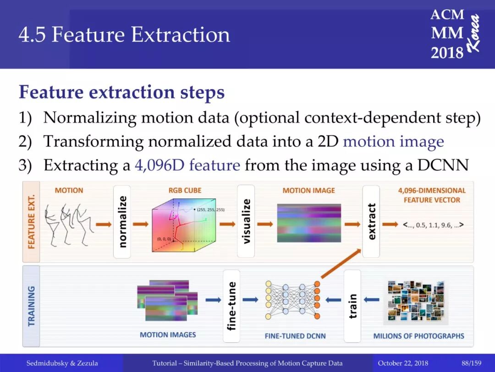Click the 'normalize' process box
122,222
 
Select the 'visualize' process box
246,221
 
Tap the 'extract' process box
371,221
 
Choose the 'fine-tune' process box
231,306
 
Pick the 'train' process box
352,306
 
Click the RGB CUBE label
185,191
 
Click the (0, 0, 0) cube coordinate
164,239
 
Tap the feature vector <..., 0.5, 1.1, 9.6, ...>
433,225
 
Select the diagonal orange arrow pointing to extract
341,264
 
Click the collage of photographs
416,302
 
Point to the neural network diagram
293,300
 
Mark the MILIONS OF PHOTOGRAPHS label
418,336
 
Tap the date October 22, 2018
403,363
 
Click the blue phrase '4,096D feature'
187,165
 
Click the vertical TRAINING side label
31,306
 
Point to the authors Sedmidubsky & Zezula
62,363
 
